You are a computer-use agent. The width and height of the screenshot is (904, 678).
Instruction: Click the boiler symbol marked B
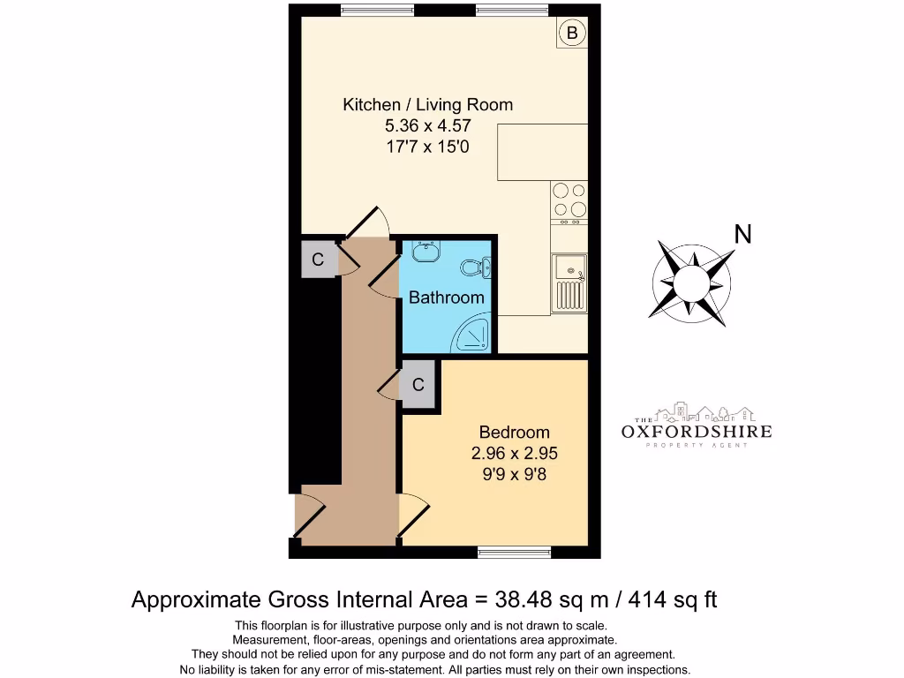[x=571, y=34]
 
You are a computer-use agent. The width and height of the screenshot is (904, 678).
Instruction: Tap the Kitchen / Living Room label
[x=427, y=105]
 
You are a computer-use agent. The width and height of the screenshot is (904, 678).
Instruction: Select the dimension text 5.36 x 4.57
[x=427, y=126]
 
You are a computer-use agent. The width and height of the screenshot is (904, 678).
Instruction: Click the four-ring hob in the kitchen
[x=569, y=200]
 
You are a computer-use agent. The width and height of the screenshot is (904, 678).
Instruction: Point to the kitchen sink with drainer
[x=569, y=282]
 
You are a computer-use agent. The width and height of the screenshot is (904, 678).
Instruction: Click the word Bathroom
[x=446, y=298]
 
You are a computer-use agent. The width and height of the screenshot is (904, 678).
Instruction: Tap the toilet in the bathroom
[x=477, y=266]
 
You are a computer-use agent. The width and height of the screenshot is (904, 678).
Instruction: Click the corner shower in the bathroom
[x=475, y=335]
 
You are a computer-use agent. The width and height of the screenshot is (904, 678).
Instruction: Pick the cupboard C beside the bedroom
[x=418, y=385]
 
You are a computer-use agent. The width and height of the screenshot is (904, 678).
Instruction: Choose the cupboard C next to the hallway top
[x=319, y=260]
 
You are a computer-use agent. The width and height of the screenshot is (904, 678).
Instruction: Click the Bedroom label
[x=514, y=433]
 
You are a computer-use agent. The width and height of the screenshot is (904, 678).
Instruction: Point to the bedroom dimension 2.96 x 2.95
[x=514, y=454]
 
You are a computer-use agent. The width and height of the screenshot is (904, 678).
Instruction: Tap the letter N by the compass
[x=743, y=235]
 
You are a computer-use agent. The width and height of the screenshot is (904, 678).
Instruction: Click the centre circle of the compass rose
[x=692, y=283]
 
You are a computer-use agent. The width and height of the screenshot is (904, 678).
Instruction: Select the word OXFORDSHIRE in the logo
[x=696, y=432]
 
